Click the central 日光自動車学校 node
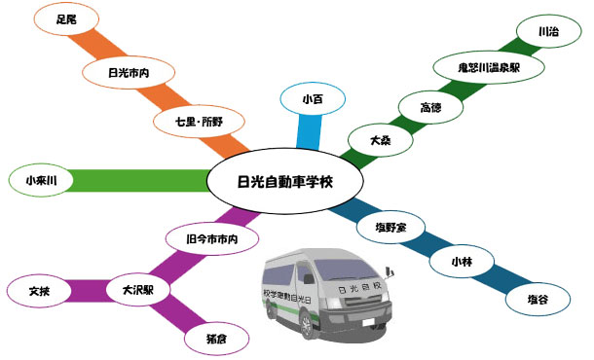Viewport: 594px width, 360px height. click(x=285, y=181)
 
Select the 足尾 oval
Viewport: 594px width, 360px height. click(x=66, y=18)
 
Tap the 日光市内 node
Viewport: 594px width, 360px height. click(x=129, y=72)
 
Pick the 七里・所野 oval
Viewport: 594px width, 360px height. click(x=199, y=122)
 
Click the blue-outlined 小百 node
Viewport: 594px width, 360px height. click(x=313, y=99)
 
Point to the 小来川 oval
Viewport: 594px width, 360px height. click(x=41, y=180)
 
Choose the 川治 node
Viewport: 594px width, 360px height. click(x=548, y=31)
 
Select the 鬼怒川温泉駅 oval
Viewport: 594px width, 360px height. click(x=489, y=67)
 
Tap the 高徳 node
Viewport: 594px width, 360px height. click(x=430, y=107)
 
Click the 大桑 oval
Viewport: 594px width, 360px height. click(x=380, y=140)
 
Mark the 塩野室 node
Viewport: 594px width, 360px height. click(x=390, y=228)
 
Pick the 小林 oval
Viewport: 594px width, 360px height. click(x=462, y=261)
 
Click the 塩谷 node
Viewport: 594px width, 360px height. click(x=538, y=300)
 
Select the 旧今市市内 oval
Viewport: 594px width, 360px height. click(x=212, y=238)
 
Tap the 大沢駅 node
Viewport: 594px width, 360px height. click(x=138, y=290)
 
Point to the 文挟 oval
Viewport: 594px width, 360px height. click(x=39, y=291)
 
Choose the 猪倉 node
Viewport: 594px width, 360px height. click(x=217, y=339)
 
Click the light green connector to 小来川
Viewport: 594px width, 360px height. click(x=140, y=181)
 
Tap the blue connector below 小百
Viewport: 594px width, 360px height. click(x=309, y=131)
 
